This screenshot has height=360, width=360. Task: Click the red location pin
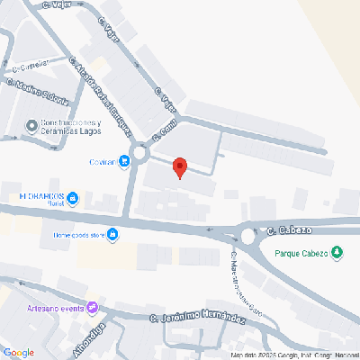179,167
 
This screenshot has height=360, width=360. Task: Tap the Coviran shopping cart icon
122,162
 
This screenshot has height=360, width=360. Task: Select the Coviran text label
102,163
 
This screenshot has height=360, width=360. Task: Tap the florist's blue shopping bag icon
74,198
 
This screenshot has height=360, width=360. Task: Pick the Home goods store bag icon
114,237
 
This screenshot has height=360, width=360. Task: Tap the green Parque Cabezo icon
338,252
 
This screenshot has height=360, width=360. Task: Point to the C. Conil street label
163,130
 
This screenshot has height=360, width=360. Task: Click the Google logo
20,352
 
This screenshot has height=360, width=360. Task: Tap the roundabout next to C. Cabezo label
249,237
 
